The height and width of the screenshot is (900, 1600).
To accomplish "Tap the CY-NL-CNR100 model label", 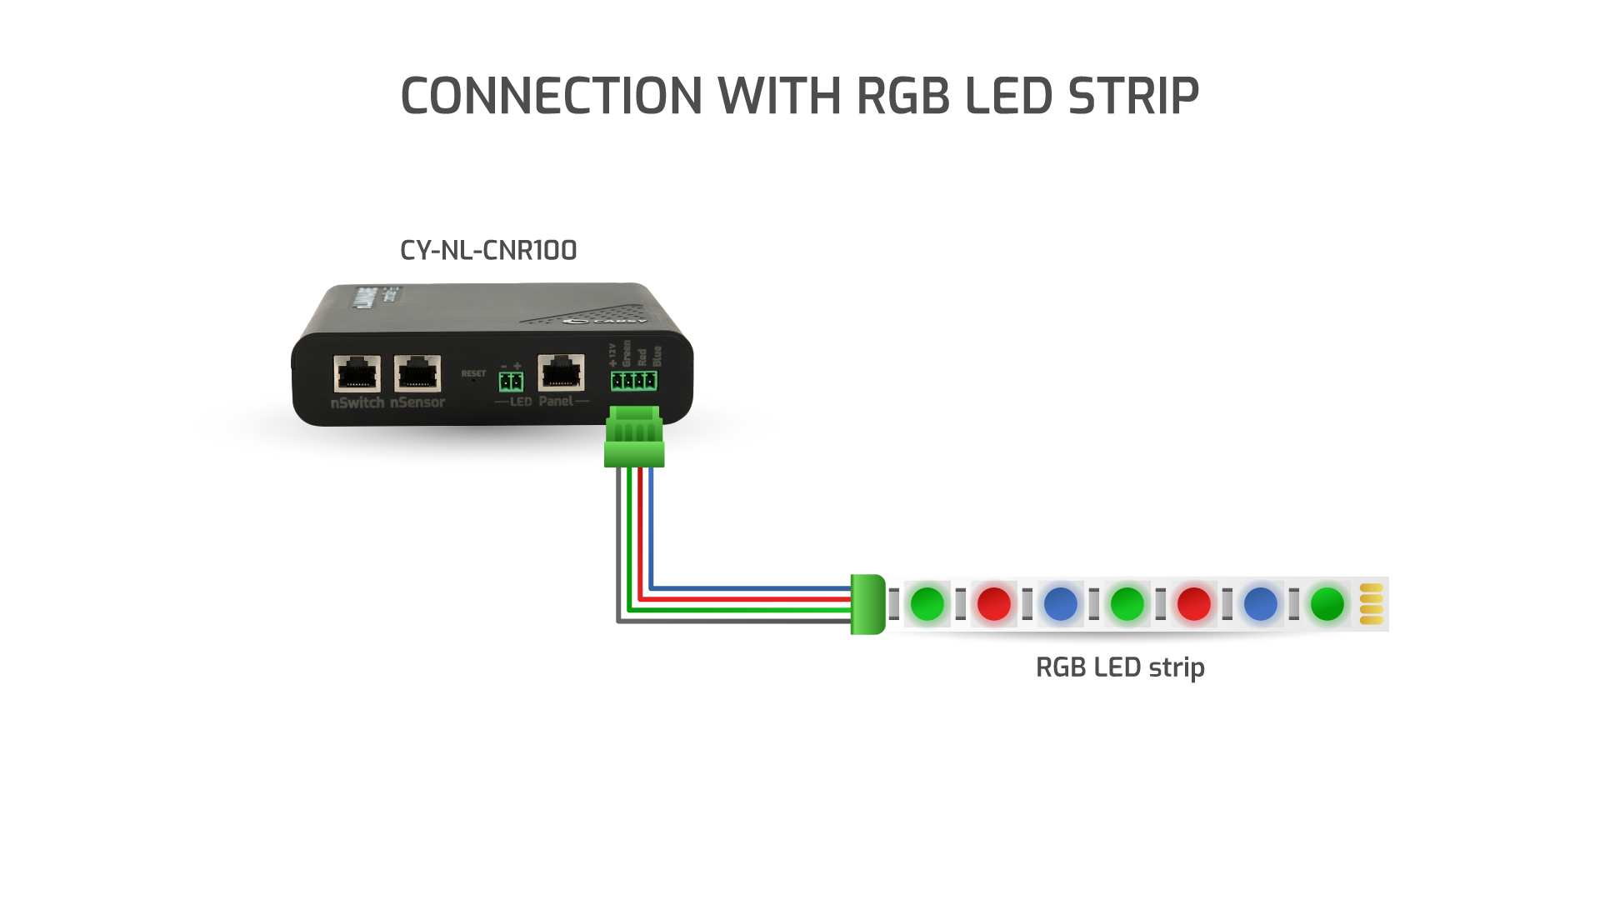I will (488, 250).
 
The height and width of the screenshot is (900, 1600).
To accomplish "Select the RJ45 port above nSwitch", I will (357, 372).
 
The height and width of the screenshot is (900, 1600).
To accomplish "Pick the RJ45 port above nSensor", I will (417, 372).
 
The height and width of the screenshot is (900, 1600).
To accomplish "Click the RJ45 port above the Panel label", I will (561, 372).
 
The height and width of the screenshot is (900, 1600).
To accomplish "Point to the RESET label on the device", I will (473, 373).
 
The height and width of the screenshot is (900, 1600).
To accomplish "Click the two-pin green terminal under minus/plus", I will (511, 382).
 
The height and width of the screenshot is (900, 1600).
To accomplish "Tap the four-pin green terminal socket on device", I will (633, 381).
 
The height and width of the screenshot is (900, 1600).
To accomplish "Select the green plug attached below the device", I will (635, 436).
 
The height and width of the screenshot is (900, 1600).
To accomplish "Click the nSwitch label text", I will (357, 402).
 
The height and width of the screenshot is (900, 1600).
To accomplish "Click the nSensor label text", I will (417, 402).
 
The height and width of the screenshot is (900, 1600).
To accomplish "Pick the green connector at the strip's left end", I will (867, 604).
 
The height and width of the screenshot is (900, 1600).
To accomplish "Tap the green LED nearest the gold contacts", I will (1327, 604).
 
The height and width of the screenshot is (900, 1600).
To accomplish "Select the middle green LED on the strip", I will (1127, 604).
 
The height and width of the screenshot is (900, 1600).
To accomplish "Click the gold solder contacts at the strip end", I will (1371, 604).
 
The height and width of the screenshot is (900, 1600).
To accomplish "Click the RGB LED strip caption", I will (1120, 667).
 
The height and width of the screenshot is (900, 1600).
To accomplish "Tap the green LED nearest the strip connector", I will (927, 604).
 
